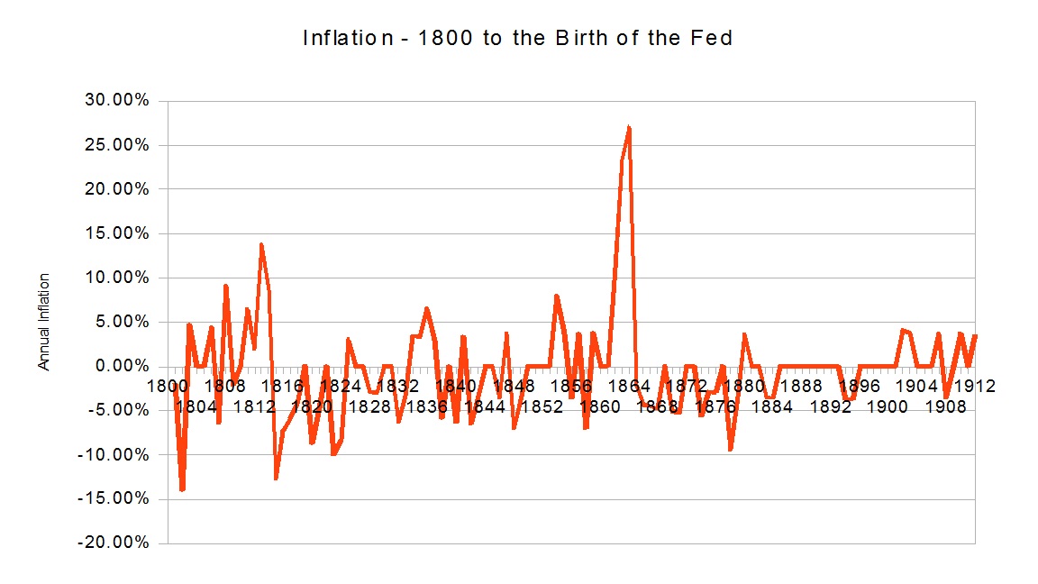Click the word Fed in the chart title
point(714,39)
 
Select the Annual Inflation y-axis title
point(43,322)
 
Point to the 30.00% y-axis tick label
point(117,100)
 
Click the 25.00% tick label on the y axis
point(117,144)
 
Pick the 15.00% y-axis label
point(117,233)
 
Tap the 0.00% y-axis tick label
point(121,366)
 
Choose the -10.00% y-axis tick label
point(114,454)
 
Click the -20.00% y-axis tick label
point(114,543)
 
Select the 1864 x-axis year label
point(628,386)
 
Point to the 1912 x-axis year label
point(974,386)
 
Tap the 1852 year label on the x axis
point(542,406)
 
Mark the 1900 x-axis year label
point(888,406)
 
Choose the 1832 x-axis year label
point(397,386)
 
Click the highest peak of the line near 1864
point(629,127)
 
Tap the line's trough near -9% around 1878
point(730,449)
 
